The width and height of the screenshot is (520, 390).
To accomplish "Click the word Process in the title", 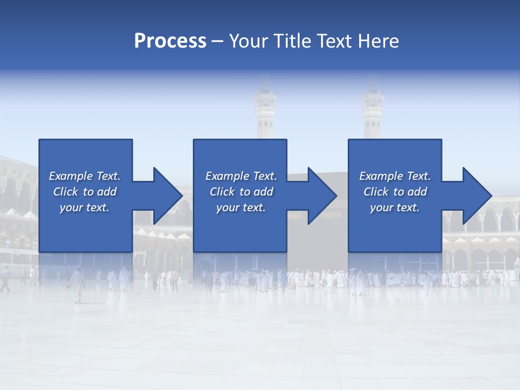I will (170, 41).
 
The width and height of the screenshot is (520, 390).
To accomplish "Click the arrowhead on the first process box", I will (165, 196).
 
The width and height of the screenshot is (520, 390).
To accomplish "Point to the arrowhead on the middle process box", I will (320, 196).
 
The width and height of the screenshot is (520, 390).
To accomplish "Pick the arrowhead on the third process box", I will (475, 196).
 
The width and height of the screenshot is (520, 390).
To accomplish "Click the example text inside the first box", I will (84, 192).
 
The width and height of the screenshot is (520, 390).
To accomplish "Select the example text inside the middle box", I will (240, 192).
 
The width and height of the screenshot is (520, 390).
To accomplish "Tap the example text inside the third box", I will (395, 192).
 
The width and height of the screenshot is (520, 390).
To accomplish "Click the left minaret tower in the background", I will (265, 111).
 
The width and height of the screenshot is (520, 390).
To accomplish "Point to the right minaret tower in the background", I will (373, 111).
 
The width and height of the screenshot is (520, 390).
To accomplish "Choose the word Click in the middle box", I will (222, 192).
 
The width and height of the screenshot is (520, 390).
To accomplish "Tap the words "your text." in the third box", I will (395, 207).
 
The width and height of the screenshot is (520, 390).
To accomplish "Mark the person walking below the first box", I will (78, 284).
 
